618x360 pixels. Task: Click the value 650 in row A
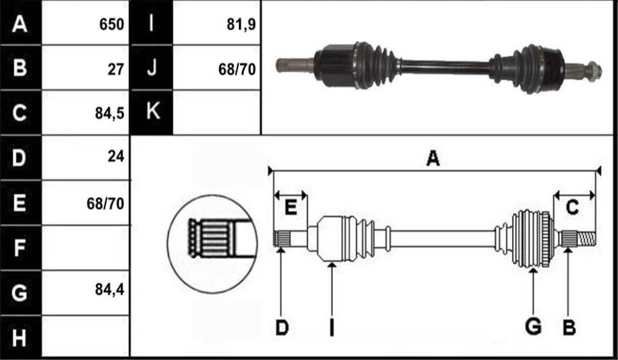[x=112, y=24]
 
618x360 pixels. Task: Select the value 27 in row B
[x=116, y=70]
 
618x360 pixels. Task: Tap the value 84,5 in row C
[x=110, y=114]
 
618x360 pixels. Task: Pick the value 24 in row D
[x=116, y=156]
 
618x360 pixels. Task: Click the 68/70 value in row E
[x=105, y=203]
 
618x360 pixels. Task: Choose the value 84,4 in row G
[x=110, y=290]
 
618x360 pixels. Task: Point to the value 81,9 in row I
[x=241, y=24]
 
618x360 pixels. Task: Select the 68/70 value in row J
[x=237, y=70]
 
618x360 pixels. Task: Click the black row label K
[x=151, y=112]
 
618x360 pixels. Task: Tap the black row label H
[x=20, y=337]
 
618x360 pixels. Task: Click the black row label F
[x=20, y=248]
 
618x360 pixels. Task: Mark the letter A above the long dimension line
[x=433, y=159]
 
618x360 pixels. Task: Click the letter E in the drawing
[x=290, y=207]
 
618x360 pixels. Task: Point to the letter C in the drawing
[x=572, y=207]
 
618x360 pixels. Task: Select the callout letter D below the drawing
[x=282, y=327]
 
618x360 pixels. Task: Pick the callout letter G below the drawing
[x=533, y=327]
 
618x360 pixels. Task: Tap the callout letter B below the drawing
[x=569, y=327]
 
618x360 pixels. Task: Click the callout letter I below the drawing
[x=332, y=327]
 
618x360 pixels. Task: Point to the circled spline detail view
[x=213, y=244]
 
